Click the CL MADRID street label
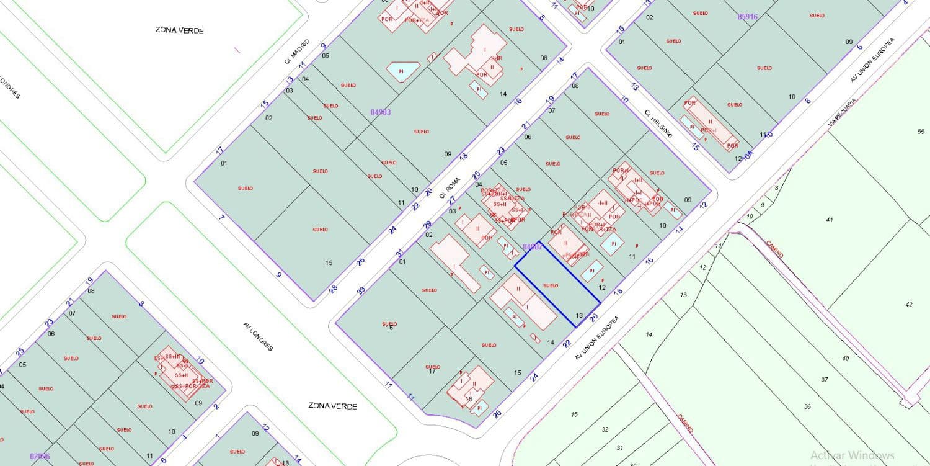(297, 52)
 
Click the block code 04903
(381, 112)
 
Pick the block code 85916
(747, 17)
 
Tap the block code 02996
(40, 456)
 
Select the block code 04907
(532, 247)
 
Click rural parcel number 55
(921, 132)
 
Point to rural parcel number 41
(830, 220)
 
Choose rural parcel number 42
(909, 305)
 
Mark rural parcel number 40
(845, 359)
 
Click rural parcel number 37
(825, 379)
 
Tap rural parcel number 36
(807, 406)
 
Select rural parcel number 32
(605, 429)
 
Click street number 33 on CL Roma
(361, 290)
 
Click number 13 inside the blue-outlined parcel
(579, 315)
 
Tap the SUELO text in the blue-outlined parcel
(551, 285)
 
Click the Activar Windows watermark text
(852, 455)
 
